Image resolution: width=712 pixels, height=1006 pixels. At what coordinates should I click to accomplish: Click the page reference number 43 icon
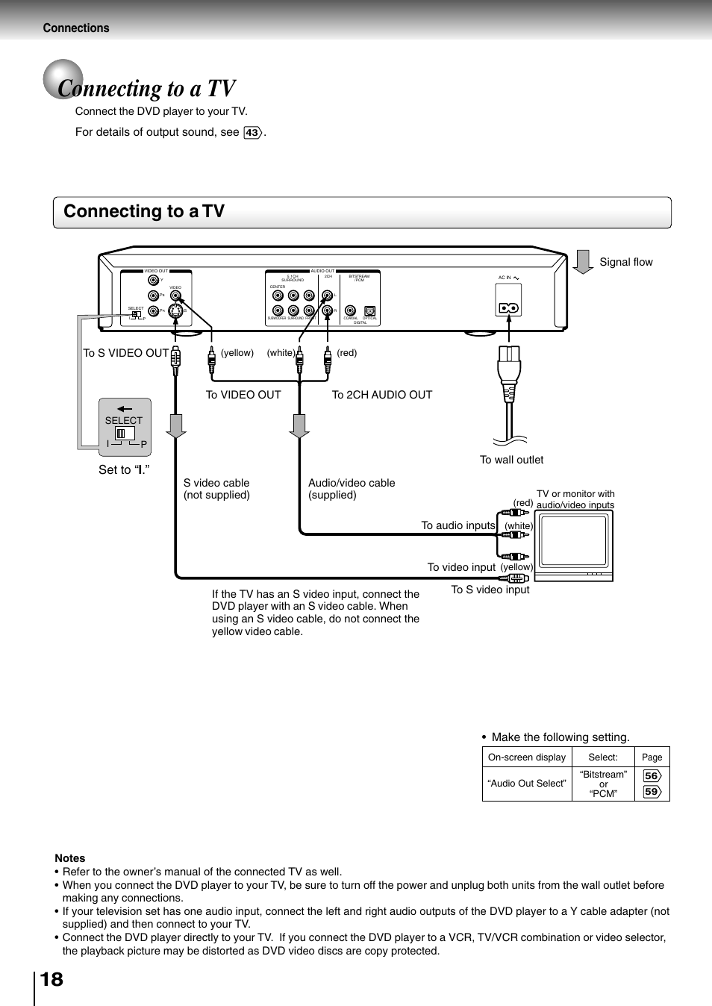pos(253,133)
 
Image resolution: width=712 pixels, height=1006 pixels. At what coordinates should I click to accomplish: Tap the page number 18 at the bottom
pos(51,979)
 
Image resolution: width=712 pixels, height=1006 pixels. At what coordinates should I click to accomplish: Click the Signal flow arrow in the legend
pos(583,262)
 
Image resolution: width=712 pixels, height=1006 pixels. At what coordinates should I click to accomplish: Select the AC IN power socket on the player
pos(508,307)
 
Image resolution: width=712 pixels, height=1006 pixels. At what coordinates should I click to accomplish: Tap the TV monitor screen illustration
pos(573,540)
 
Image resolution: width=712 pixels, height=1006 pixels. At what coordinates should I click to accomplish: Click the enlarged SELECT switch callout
pos(125,428)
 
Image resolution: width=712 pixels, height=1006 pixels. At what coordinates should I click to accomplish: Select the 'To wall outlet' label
pos(511,460)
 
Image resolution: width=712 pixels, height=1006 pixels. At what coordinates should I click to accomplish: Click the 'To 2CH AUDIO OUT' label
pos(381,395)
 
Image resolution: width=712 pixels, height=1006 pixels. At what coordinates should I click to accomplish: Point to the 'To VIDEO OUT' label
pos(243,395)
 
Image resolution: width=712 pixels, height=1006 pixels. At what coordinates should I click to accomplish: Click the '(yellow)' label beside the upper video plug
pos(237,353)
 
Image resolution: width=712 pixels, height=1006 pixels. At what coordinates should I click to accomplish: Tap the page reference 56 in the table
pos(652,775)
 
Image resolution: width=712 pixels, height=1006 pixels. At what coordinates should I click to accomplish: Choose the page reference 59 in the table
pos(652,792)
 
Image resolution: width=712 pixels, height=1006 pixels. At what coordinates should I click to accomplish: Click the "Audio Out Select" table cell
pos(527,784)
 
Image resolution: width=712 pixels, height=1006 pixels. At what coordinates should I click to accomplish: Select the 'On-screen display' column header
pos(527,757)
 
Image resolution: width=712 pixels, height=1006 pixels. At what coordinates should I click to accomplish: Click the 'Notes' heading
pos(69,858)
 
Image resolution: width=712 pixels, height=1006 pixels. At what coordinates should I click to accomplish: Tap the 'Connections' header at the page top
pos(76,28)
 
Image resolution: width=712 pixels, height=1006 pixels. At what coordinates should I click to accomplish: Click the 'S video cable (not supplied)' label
pos(216,489)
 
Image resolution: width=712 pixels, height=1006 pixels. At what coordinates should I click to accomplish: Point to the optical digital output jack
pos(369,311)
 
